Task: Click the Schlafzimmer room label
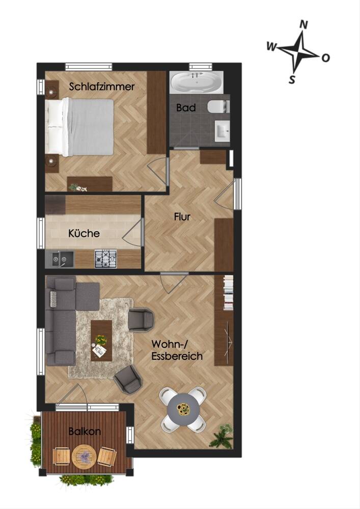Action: (x=102, y=87)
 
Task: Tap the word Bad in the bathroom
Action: (x=186, y=107)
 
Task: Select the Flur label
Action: (x=182, y=216)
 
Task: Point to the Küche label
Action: (x=84, y=233)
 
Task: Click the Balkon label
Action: (x=85, y=432)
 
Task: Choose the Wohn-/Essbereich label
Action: (x=177, y=350)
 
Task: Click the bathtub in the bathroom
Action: (x=197, y=82)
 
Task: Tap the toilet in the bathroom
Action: (x=218, y=106)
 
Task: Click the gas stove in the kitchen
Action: (x=105, y=259)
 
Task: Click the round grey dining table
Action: (x=183, y=410)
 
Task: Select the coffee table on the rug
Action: (x=101, y=341)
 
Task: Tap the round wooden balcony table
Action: (x=85, y=457)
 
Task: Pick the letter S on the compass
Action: (x=292, y=79)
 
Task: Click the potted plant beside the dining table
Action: (x=221, y=436)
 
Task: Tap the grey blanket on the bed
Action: (x=91, y=127)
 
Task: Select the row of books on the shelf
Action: (x=229, y=293)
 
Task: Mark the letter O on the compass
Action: (x=325, y=58)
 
